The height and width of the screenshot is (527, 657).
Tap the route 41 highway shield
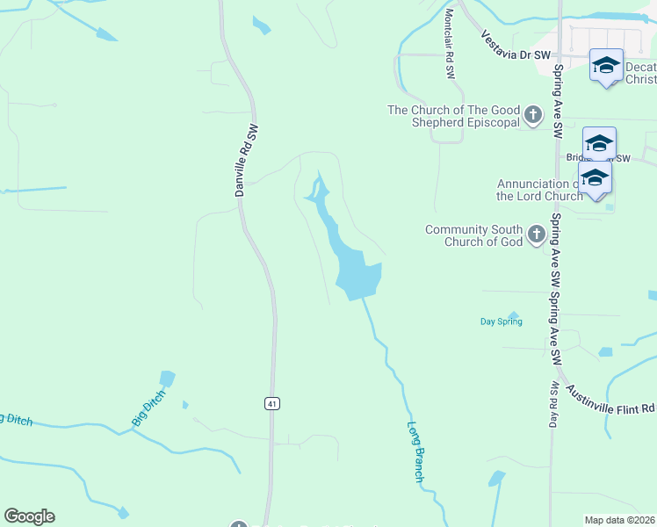click(272, 403)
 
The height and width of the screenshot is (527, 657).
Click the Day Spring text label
click(501, 321)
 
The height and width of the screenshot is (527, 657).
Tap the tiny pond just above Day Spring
click(513, 313)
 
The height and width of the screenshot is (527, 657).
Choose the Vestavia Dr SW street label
click(516, 47)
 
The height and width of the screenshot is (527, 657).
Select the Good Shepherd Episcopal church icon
click(532, 115)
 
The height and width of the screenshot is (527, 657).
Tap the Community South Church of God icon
click(536, 235)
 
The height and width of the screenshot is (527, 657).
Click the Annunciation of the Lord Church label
click(539, 190)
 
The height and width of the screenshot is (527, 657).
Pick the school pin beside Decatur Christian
click(606, 67)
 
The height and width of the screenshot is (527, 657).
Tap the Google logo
click(29, 516)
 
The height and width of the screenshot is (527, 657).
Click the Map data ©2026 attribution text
click(619, 520)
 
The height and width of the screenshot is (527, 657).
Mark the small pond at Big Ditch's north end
click(167, 379)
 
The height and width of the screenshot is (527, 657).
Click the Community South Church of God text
click(473, 235)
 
